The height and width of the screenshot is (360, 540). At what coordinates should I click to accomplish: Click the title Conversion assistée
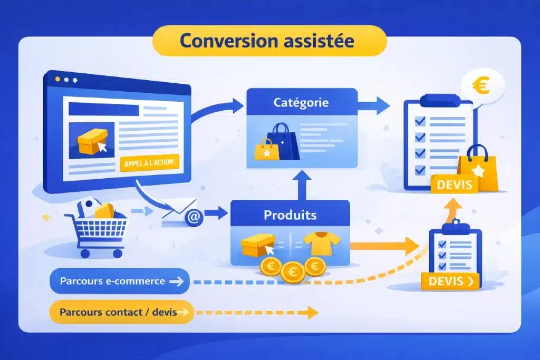click(269, 41)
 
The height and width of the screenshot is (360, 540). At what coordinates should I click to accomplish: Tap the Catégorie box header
click(301, 102)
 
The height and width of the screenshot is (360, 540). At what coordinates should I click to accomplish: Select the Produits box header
click(290, 215)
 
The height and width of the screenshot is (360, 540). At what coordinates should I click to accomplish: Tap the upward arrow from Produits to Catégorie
click(302, 184)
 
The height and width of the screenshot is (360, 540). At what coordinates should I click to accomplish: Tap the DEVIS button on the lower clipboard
click(450, 281)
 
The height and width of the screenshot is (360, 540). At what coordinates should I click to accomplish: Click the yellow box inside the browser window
click(92, 142)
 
